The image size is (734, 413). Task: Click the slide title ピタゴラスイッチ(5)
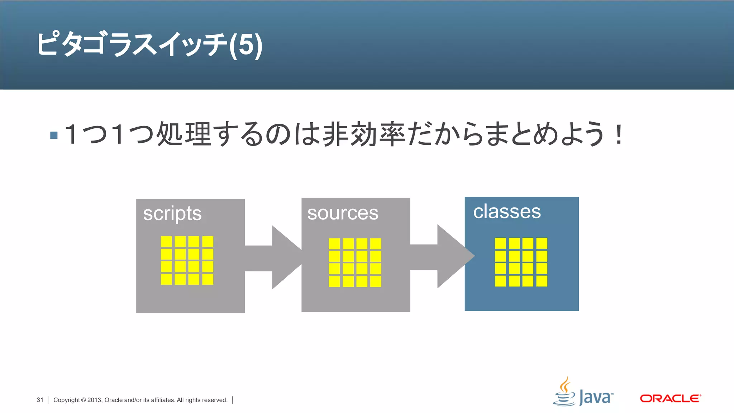tap(149, 44)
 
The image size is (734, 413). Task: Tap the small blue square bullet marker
tap(54, 135)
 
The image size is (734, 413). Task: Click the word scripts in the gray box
tap(172, 214)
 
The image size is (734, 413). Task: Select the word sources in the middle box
tap(343, 213)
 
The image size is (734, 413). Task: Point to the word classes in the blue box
tap(507, 212)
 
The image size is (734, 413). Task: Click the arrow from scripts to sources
tap(276, 257)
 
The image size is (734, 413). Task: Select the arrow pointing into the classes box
tap(444, 257)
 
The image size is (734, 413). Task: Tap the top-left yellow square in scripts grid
tap(166, 241)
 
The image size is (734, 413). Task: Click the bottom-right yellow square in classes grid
tap(542, 281)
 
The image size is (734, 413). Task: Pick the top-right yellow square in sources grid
tap(376, 244)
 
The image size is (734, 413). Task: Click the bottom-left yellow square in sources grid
tap(334, 281)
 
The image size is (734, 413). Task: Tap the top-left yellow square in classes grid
tap(500, 243)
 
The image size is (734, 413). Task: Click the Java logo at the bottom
tap(583, 393)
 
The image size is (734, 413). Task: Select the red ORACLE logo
tap(670, 398)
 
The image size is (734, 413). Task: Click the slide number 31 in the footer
tap(40, 400)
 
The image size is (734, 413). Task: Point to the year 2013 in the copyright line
tap(95, 400)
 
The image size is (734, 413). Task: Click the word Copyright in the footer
tap(67, 400)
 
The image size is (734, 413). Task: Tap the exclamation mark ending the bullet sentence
tap(618, 134)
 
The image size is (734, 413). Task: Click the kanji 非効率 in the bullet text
tap(364, 134)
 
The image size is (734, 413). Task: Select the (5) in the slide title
tap(246, 45)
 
